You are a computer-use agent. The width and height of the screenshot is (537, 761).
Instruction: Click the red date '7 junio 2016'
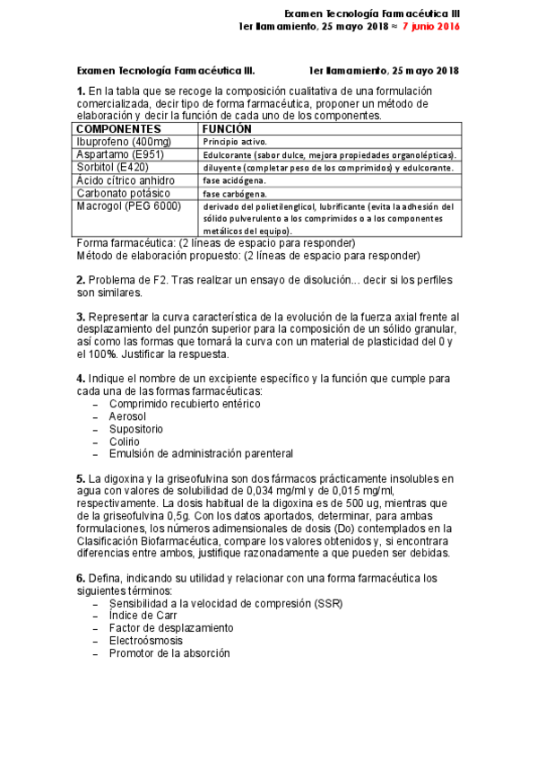pos(431,27)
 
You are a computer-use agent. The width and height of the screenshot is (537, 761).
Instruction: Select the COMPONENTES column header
pos(118,128)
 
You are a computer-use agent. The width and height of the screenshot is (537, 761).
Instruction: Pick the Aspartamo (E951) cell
pos(118,154)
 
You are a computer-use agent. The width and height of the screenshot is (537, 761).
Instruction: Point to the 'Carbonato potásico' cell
pos(123,193)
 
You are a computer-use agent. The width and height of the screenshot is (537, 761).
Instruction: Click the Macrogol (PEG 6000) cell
pos(128,206)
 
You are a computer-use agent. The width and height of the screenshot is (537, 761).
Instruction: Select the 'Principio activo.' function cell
pos(234,142)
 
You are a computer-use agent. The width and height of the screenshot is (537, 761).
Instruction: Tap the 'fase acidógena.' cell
pos(233,180)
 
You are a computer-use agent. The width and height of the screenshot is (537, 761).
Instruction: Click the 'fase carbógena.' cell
pos(233,194)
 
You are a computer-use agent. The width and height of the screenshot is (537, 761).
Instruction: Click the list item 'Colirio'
pos(124,442)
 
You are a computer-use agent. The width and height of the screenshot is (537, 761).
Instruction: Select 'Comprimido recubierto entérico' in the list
pos(185,404)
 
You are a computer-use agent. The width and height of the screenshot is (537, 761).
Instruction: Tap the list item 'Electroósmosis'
pos(146,641)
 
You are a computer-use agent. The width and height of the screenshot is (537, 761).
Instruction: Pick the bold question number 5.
pos(81,478)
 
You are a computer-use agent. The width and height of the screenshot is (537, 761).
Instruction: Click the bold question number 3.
pos(81,316)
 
